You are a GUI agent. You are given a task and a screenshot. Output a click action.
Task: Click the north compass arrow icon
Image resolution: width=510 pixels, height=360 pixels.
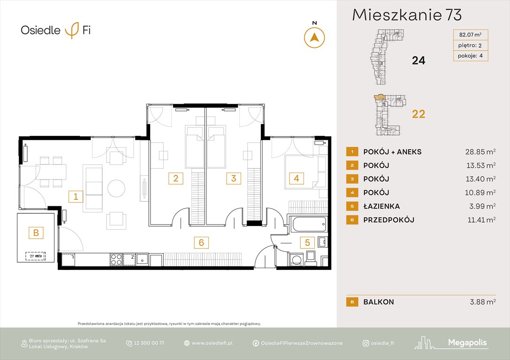click(x=314, y=37)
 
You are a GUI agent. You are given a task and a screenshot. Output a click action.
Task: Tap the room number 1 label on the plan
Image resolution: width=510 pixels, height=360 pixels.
click(x=75, y=196)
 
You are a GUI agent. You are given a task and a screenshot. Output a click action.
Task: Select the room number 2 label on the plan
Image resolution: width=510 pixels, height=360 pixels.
click(x=175, y=178)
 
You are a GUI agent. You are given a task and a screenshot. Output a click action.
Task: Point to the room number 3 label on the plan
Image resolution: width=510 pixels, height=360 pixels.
click(x=233, y=178)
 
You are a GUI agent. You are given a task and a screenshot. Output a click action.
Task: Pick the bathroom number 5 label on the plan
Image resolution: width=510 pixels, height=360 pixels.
click(x=307, y=242)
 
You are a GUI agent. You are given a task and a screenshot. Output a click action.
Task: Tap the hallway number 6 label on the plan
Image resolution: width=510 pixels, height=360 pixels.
click(x=201, y=242)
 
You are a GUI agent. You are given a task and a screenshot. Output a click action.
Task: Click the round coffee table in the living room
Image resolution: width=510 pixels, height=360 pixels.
click(x=116, y=188)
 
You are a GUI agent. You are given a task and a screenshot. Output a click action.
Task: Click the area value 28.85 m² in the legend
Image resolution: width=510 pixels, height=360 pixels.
click(x=478, y=152)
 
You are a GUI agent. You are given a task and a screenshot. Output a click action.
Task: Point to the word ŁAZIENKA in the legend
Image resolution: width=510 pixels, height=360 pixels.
click(x=382, y=206)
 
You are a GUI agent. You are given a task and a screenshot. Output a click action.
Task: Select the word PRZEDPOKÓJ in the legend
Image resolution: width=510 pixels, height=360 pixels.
click(x=388, y=220)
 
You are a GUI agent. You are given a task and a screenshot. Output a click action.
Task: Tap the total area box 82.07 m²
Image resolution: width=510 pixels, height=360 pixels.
click(x=470, y=34)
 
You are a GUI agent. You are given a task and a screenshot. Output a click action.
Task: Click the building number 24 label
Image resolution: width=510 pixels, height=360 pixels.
click(x=418, y=60)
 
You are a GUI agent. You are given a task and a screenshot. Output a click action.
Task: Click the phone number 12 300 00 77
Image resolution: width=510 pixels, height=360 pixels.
click(x=149, y=343)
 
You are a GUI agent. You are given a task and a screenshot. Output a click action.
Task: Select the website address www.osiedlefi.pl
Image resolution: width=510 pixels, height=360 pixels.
click(x=212, y=343)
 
